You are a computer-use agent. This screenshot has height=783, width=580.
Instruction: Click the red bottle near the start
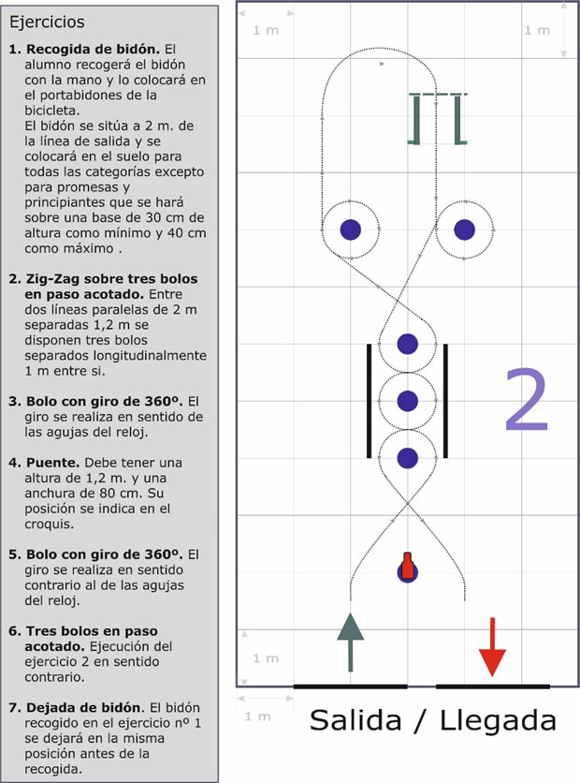coord(408,567)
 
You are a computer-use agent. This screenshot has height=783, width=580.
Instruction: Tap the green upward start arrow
coord(350,643)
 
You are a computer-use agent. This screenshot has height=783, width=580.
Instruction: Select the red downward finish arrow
coord(492,647)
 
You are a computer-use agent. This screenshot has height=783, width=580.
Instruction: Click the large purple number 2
coord(526,400)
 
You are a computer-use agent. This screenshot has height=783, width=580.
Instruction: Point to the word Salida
coord(355,720)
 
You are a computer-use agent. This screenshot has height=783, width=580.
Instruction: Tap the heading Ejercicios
coord(47,22)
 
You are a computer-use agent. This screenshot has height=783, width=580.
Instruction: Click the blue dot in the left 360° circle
coord(351,229)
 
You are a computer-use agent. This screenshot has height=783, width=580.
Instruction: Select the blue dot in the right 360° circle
coord(465,229)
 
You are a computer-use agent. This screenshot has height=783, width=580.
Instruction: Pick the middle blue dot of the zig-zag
coord(408,401)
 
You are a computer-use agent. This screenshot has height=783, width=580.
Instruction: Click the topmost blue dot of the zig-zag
coord(408,344)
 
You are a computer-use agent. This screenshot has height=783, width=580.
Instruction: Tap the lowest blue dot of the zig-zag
coord(408,458)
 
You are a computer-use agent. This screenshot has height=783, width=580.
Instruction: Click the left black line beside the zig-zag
coord(369,401)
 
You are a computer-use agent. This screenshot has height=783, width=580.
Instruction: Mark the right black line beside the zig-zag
coord(445,401)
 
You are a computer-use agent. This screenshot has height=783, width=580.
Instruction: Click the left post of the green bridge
coord(416,120)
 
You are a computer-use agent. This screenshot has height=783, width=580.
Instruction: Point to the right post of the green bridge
coord(457,120)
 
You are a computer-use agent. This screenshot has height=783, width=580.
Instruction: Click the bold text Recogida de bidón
coord(93,50)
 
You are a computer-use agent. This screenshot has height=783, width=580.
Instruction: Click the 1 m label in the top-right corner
coord(537,30)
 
